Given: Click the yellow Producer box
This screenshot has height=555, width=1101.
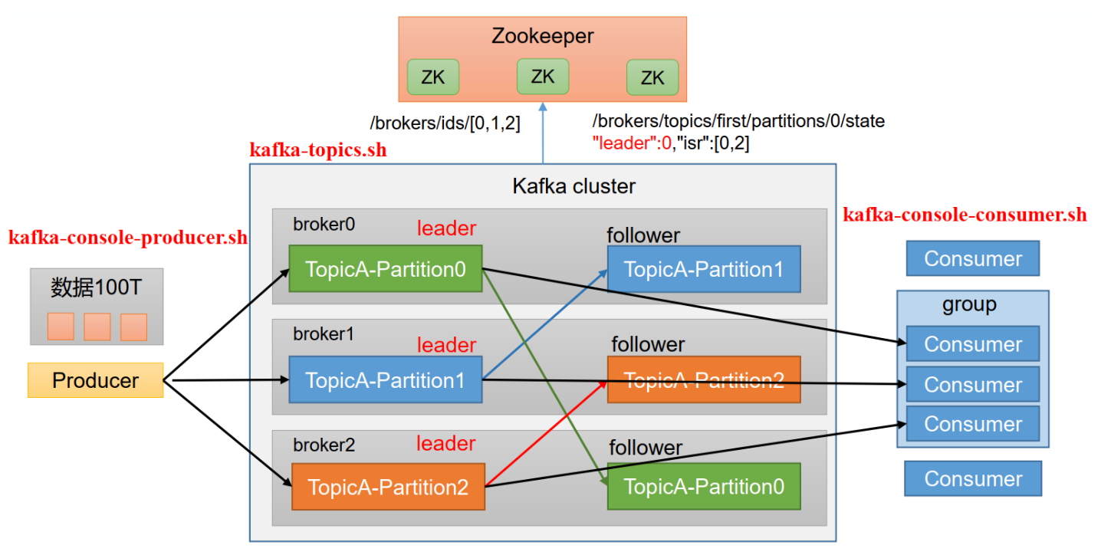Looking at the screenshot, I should pyautogui.click(x=96, y=380).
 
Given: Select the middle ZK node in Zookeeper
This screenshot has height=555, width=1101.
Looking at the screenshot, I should pyautogui.click(x=543, y=77).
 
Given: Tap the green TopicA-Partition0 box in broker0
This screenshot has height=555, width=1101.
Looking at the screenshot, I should pyautogui.click(x=385, y=269).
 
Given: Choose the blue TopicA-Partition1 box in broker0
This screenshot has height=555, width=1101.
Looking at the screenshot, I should pyautogui.click(x=704, y=269).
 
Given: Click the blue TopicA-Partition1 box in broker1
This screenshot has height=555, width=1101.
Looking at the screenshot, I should pyautogui.click(x=385, y=379).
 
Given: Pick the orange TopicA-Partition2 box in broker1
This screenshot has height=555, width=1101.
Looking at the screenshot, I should pyautogui.click(x=704, y=379).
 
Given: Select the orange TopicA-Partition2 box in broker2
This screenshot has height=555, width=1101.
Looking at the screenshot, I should pyautogui.click(x=388, y=487).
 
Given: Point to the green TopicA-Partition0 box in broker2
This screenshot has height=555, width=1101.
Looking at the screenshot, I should pyautogui.click(x=704, y=487).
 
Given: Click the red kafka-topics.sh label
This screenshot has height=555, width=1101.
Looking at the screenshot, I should pyautogui.click(x=318, y=150).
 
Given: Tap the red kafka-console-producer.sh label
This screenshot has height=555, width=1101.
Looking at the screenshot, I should pyautogui.click(x=128, y=238).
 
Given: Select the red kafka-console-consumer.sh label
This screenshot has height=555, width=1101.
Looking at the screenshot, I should pyautogui.click(x=965, y=215).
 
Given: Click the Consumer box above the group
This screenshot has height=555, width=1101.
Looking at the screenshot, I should pyautogui.click(x=973, y=258).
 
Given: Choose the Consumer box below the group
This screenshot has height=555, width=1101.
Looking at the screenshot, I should pyautogui.click(x=973, y=478).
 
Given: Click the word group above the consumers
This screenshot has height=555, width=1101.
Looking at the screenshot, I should pyautogui.click(x=969, y=304).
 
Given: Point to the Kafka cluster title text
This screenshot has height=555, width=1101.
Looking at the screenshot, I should pyautogui.click(x=574, y=186).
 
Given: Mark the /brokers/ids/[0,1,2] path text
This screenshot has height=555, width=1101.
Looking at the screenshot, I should pyautogui.click(x=445, y=122).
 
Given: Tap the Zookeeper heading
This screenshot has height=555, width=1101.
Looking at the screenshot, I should pyautogui.click(x=543, y=36).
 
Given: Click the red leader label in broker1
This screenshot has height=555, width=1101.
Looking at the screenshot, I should pyautogui.click(x=446, y=345).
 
